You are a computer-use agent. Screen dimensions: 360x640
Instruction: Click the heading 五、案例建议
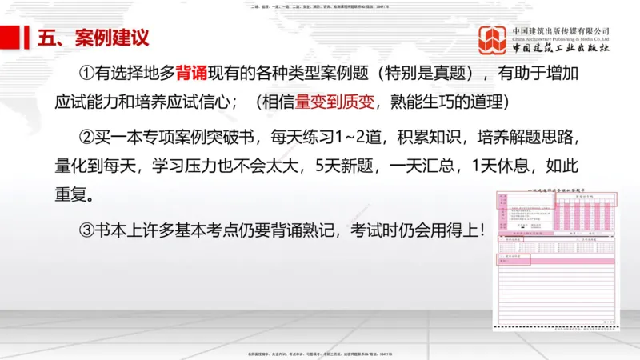tap(93, 37)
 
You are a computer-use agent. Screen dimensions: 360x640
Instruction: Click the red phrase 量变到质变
tap(324, 104)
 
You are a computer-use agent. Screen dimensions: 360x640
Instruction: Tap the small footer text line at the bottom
tap(320, 353)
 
